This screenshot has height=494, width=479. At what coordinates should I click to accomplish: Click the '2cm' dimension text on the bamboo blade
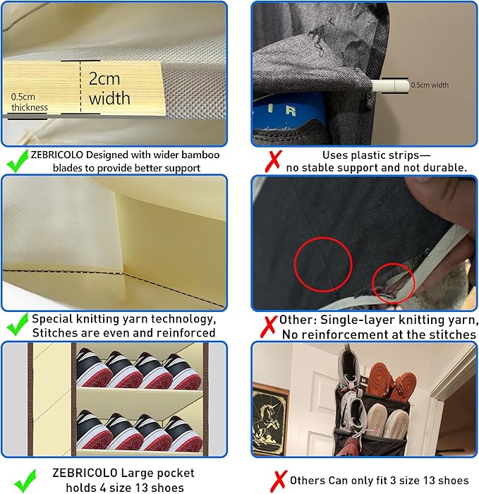point(104,78)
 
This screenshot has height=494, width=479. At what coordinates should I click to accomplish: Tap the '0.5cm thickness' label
point(30,102)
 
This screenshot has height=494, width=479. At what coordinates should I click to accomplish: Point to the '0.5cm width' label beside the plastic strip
point(430,85)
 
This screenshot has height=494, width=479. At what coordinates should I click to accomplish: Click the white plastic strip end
point(389,86)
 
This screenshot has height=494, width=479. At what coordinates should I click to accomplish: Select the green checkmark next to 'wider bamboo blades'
point(18,160)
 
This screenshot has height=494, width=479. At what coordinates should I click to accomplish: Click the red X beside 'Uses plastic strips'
point(273,161)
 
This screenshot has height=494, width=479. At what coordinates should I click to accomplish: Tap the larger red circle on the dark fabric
point(323,265)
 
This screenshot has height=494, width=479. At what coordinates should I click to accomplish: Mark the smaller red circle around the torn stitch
point(393,283)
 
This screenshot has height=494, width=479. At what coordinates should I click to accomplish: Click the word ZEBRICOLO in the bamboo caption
point(56,155)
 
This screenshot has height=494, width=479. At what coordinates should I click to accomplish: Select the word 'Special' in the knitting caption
point(52,319)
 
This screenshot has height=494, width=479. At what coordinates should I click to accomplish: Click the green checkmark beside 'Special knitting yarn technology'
point(18,324)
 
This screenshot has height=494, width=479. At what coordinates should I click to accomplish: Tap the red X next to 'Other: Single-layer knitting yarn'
point(269,326)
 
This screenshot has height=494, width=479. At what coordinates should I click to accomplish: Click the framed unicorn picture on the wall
point(270,419)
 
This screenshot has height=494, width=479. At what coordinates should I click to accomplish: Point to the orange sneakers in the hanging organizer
point(392,382)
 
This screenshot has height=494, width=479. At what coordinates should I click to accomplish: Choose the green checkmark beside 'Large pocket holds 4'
point(25,481)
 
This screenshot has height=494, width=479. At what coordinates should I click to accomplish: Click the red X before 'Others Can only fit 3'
point(279,481)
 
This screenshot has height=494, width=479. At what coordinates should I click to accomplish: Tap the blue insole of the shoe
point(287,110)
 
